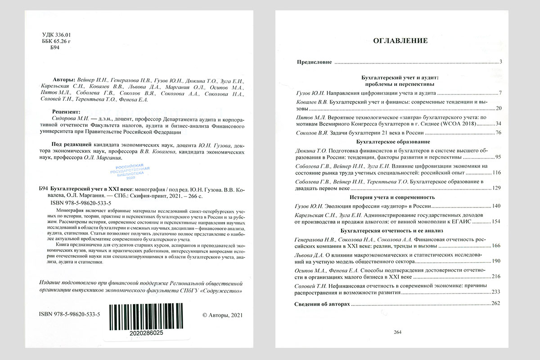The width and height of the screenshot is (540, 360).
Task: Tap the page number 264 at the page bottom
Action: (397, 333)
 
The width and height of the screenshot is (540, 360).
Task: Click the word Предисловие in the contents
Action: (314, 62)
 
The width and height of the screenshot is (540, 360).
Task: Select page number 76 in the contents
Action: (498, 133)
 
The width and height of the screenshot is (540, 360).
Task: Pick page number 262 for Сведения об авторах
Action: (496, 304)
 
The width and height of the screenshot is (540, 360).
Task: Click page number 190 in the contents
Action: (496, 261)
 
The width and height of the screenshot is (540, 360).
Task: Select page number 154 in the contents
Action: (496, 222)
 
